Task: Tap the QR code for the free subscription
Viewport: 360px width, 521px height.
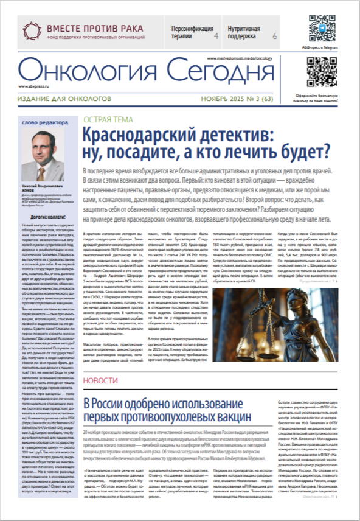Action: tap(321, 71)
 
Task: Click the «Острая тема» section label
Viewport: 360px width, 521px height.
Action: tap(108, 119)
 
